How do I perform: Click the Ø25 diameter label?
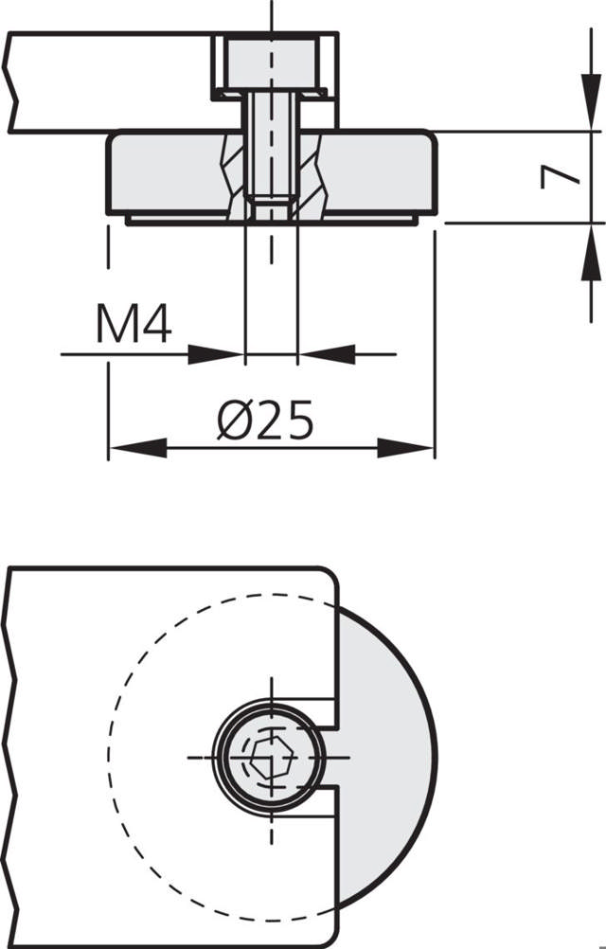pos(265,420)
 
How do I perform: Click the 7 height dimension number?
pos(561,177)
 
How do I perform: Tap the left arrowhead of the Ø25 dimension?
pos(138,449)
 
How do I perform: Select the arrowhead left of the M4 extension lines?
pos(216,354)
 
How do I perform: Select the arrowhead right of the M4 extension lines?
pos(327,354)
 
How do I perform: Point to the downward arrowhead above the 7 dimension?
pos(591,101)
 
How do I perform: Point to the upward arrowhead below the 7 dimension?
pos(591,252)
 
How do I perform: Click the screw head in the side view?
pos(271,64)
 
